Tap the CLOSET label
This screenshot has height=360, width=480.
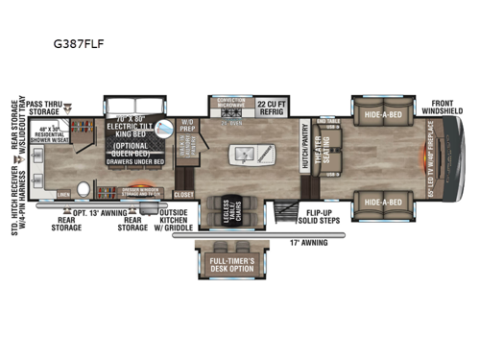pyautogui.click(x=184, y=192)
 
